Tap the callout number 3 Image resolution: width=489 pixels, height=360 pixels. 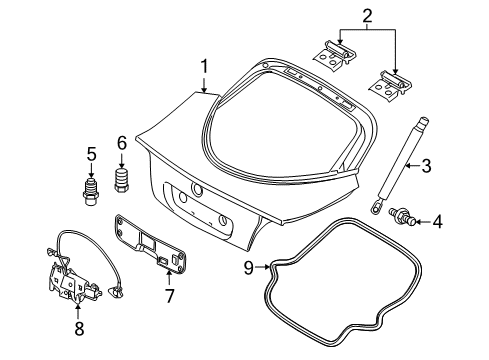[x=426, y=166]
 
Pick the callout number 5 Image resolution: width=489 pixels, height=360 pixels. [x=90, y=154]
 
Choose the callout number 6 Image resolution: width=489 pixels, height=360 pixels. [x=123, y=143]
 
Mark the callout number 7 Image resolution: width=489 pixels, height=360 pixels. [x=170, y=297]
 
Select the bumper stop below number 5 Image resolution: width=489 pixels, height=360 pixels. [x=90, y=187]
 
